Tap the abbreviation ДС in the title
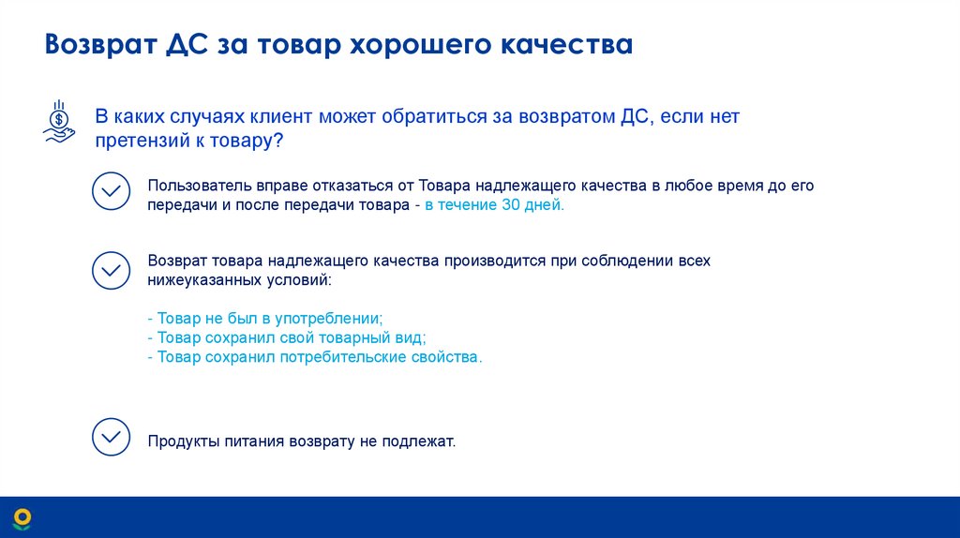[187, 44]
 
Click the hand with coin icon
[58, 122]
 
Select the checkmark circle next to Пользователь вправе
[111, 191]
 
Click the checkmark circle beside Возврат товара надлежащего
[111, 270]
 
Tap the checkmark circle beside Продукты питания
[111, 437]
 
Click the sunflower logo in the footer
[22, 517]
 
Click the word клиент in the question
[282, 117]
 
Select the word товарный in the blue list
[348, 338]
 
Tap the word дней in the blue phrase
[546, 205]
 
